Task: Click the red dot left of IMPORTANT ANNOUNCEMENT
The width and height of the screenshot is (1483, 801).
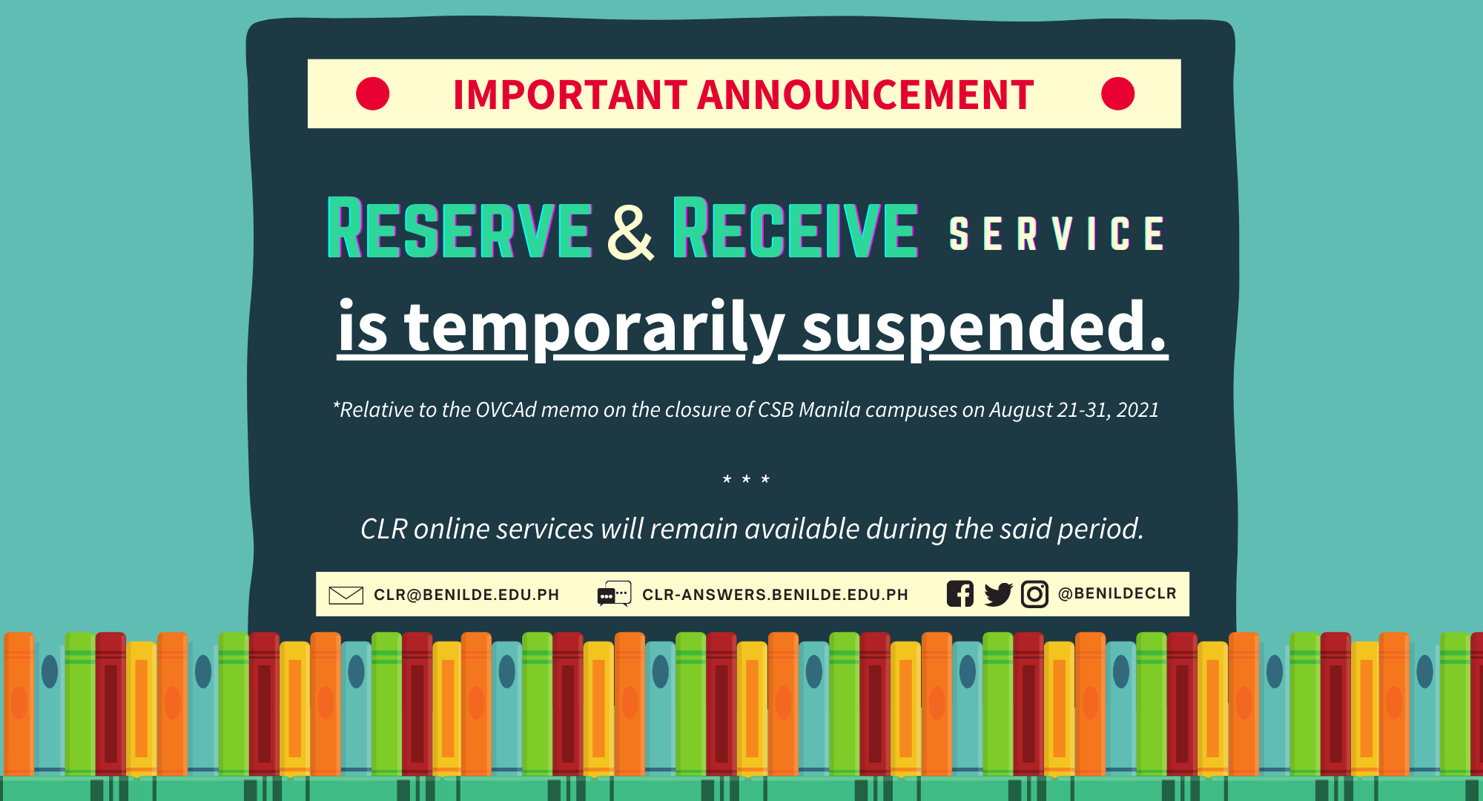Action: [x=372, y=94]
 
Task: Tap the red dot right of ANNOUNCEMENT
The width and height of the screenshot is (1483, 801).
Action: [x=1117, y=94]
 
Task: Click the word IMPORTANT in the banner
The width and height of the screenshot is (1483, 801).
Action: [x=570, y=95]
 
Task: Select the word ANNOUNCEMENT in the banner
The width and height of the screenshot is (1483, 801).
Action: [x=865, y=95]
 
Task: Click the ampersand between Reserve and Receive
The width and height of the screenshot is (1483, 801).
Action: [x=631, y=231]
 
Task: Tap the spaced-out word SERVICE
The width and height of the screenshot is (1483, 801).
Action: [x=1057, y=234]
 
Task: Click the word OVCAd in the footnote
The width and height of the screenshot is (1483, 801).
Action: [x=506, y=410]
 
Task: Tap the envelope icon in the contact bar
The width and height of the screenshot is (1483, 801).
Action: [x=346, y=595]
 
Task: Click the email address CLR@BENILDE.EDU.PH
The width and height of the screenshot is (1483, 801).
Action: [x=466, y=595]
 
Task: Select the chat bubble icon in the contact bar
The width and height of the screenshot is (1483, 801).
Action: [x=614, y=594]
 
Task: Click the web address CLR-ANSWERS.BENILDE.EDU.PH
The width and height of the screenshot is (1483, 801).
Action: [x=775, y=595]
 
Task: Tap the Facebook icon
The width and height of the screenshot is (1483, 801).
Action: [x=960, y=594]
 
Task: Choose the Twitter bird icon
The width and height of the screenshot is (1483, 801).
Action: [x=998, y=595]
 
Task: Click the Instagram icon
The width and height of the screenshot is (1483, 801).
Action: [x=1034, y=594]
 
